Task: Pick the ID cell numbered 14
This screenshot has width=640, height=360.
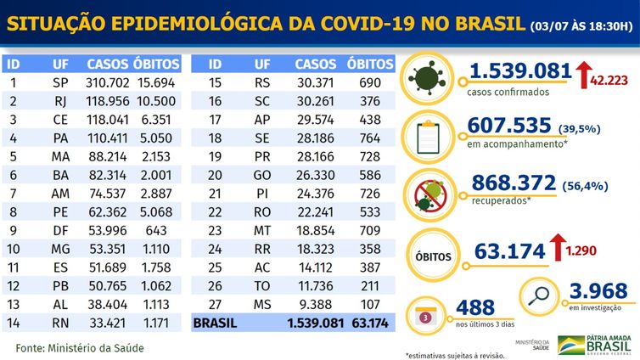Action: pos(14,323)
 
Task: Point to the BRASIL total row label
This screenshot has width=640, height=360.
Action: pos(216,323)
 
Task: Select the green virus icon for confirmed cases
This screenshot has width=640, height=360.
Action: pos(431,79)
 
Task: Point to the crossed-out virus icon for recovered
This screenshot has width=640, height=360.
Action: pos(430,192)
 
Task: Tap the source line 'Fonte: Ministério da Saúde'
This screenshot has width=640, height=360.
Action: pos(80,348)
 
